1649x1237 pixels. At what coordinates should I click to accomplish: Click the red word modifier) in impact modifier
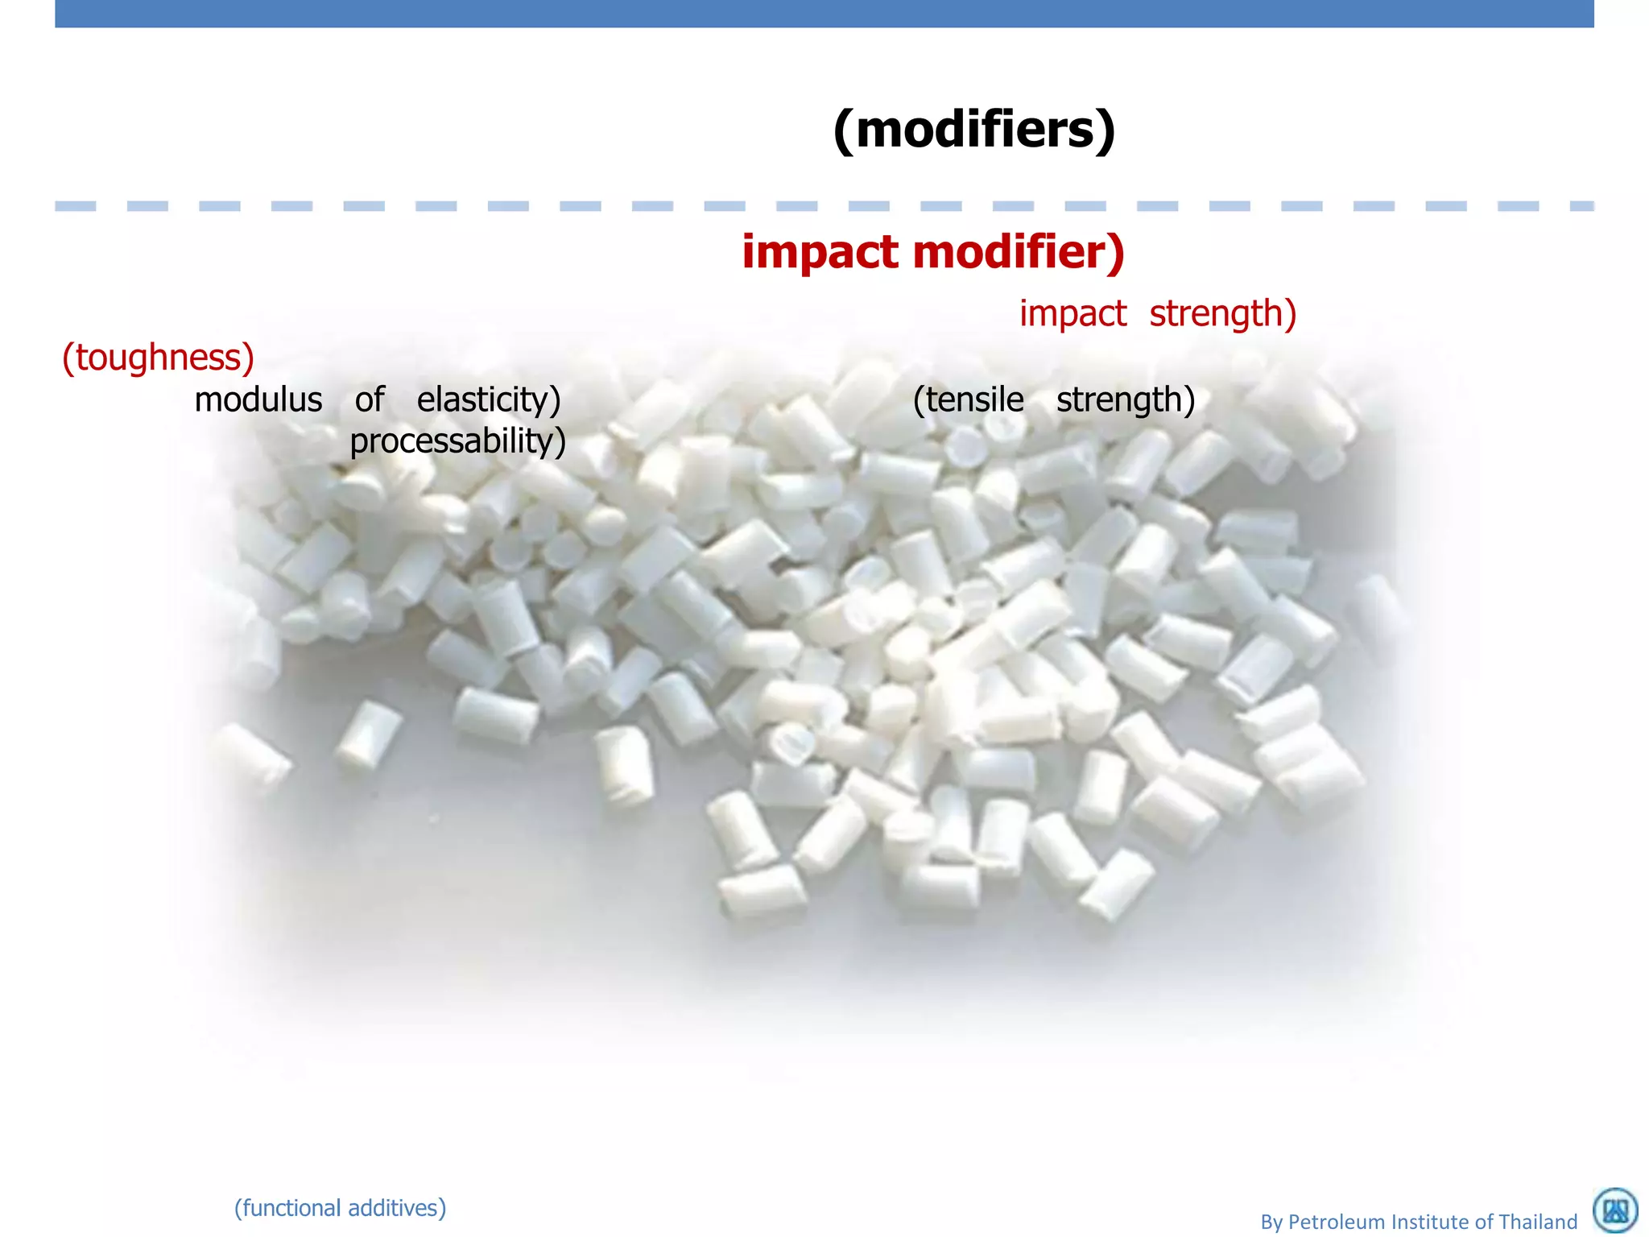[x=1019, y=252]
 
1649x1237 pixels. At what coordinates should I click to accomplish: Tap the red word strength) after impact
[x=1222, y=314]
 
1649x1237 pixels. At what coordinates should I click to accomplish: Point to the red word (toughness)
[x=158, y=358]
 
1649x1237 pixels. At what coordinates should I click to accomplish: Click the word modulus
[x=258, y=400]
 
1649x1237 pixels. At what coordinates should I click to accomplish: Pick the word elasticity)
[x=488, y=400]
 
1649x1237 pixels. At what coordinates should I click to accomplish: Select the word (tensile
[x=968, y=400]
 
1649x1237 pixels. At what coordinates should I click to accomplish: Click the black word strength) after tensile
[x=1125, y=400]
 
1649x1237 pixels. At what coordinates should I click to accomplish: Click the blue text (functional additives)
[x=340, y=1208]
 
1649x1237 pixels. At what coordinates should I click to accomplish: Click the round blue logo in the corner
[x=1615, y=1211]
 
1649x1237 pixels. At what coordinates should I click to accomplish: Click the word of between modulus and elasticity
[x=370, y=400]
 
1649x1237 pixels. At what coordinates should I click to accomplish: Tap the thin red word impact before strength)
[x=1072, y=314]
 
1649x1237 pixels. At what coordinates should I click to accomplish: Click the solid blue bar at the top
[x=824, y=14]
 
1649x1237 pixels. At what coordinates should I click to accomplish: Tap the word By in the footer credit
[x=1271, y=1223]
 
